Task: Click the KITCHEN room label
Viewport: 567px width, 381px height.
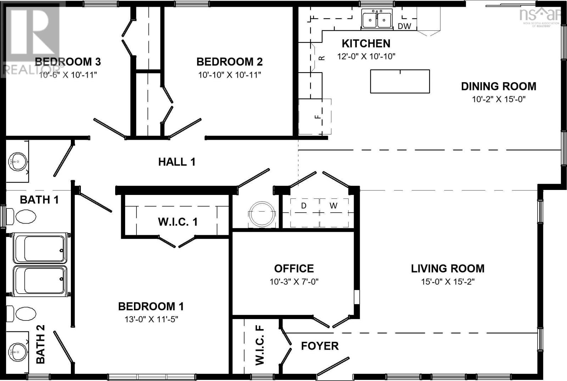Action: (x=366, y=44)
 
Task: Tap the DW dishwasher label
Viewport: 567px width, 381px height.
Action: (x=404, y=26)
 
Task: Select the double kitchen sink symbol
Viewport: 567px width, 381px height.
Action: (x=377, y=19)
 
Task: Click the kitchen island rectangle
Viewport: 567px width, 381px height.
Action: (x=400, y=81)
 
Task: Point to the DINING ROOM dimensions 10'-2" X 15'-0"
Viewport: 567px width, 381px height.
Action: (x=498, y=99)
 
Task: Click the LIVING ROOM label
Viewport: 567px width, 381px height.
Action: (x=448, y=269)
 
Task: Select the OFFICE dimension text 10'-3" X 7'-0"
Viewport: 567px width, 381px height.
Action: (x=294, y=282)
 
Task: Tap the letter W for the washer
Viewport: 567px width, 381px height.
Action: (x=333, y=206)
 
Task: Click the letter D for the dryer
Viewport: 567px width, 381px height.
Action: (x=304, y=206)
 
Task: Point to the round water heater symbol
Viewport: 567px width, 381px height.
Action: (x=262, y=213)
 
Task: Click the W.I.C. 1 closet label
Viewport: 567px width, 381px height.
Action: (x=178, y=222)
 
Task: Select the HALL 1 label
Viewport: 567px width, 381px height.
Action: (x=176, y=162)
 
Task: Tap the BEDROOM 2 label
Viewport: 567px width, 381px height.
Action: (x=229, y=62)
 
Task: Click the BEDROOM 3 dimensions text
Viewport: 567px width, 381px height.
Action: (x=68, y=75)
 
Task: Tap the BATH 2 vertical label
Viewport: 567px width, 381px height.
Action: (x=40, y=344)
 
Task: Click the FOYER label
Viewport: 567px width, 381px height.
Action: (x=320, y=346)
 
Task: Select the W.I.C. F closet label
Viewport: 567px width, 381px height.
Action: (x=260, y=345)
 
